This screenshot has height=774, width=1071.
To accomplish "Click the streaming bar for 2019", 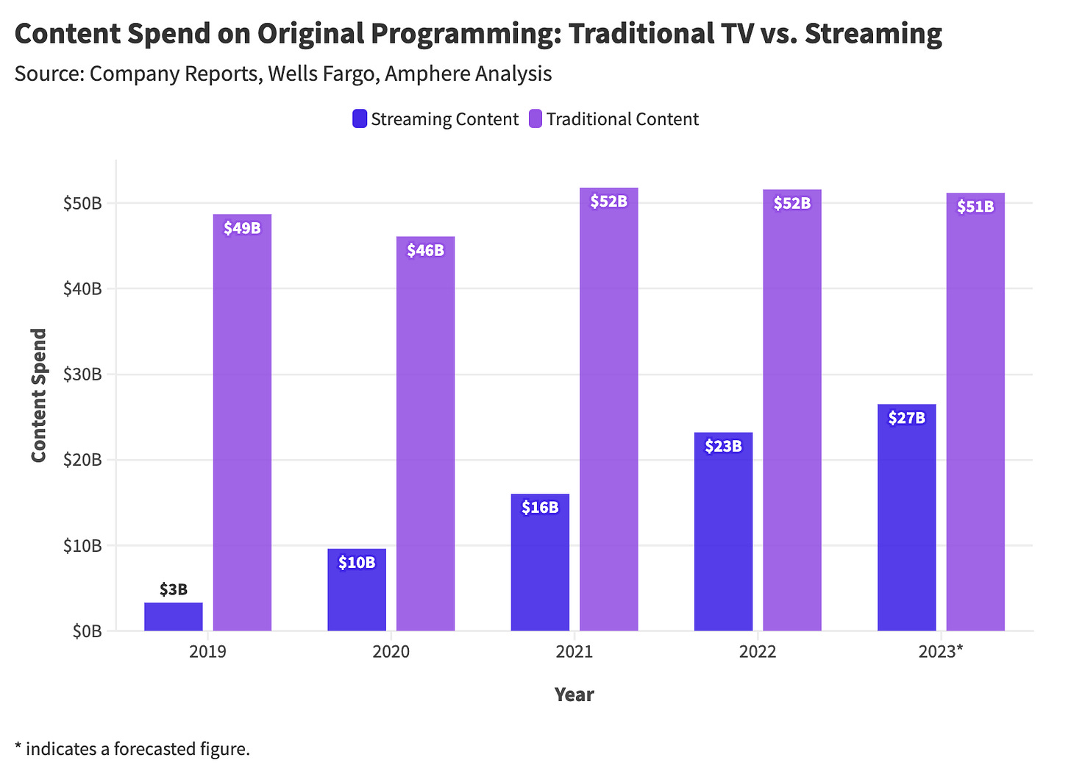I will pos(173,617).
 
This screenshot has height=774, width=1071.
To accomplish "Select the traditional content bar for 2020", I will pos(425,434).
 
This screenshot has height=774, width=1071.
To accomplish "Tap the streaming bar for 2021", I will pos(540,563).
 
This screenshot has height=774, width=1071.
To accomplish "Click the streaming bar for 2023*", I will pos(906,519).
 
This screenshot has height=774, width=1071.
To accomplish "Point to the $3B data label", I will pos(174,589).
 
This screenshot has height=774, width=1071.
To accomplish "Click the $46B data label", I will pos(425,250).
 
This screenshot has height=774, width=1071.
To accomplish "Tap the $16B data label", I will pos(540,507).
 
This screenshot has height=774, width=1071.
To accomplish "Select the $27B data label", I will pos(906,418).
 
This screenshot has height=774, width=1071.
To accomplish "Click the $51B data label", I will pos(975,207).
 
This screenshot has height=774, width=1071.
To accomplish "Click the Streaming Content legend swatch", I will pos(360,119).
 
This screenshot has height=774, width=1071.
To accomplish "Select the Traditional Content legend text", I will pos(622,119).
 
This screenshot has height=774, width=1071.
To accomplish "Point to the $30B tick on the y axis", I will pos(82,374).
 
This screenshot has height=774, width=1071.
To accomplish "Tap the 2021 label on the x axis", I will pos(574,652).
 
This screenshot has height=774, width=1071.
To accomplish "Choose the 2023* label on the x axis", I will pos(940,652).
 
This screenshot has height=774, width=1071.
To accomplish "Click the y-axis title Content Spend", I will pos(39,395).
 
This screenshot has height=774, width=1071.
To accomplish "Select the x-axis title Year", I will pos(574,695).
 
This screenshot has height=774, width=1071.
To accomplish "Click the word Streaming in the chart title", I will pos(873,35).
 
